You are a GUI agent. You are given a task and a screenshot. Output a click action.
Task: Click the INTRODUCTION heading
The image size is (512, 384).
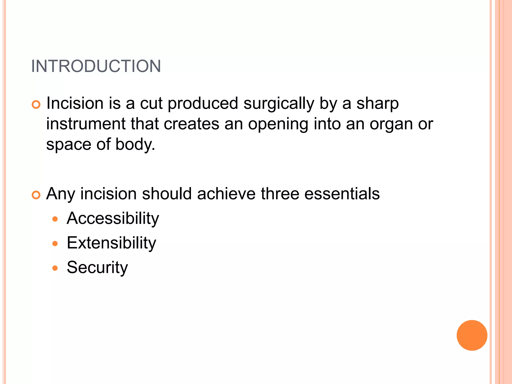click(96, 66)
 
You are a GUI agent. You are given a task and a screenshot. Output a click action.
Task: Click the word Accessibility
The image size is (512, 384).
click(113, 218)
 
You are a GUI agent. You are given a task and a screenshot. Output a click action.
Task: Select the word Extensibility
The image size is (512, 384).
click(111, 243)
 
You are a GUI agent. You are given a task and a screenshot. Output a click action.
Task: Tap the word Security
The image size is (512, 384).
click(97, 267)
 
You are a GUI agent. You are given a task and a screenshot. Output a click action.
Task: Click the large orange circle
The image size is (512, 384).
click(472, 335)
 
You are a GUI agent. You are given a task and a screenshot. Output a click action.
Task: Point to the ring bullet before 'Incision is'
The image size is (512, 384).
click(36, 104)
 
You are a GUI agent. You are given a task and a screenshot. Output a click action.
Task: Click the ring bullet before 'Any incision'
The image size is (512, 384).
click(36, 195)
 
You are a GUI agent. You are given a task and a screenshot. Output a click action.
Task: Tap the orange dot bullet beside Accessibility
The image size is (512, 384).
click(55, 219)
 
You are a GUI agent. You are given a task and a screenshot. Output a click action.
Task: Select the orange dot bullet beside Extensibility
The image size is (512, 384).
click(55, 244)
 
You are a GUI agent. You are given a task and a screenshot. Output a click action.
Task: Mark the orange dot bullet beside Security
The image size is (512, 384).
click(55, 268)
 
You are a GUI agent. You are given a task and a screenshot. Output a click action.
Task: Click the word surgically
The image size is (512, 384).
click(279, 103)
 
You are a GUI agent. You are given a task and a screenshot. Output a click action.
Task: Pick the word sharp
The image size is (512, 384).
click(377, 103)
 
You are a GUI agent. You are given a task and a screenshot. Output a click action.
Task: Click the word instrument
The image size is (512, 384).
click(86, 124)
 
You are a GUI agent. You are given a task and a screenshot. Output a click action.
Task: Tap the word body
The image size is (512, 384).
click(135, 144)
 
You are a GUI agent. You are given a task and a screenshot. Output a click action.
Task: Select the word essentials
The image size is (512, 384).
click(342, 194)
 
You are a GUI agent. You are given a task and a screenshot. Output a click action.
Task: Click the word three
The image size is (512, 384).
click(280, 194)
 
